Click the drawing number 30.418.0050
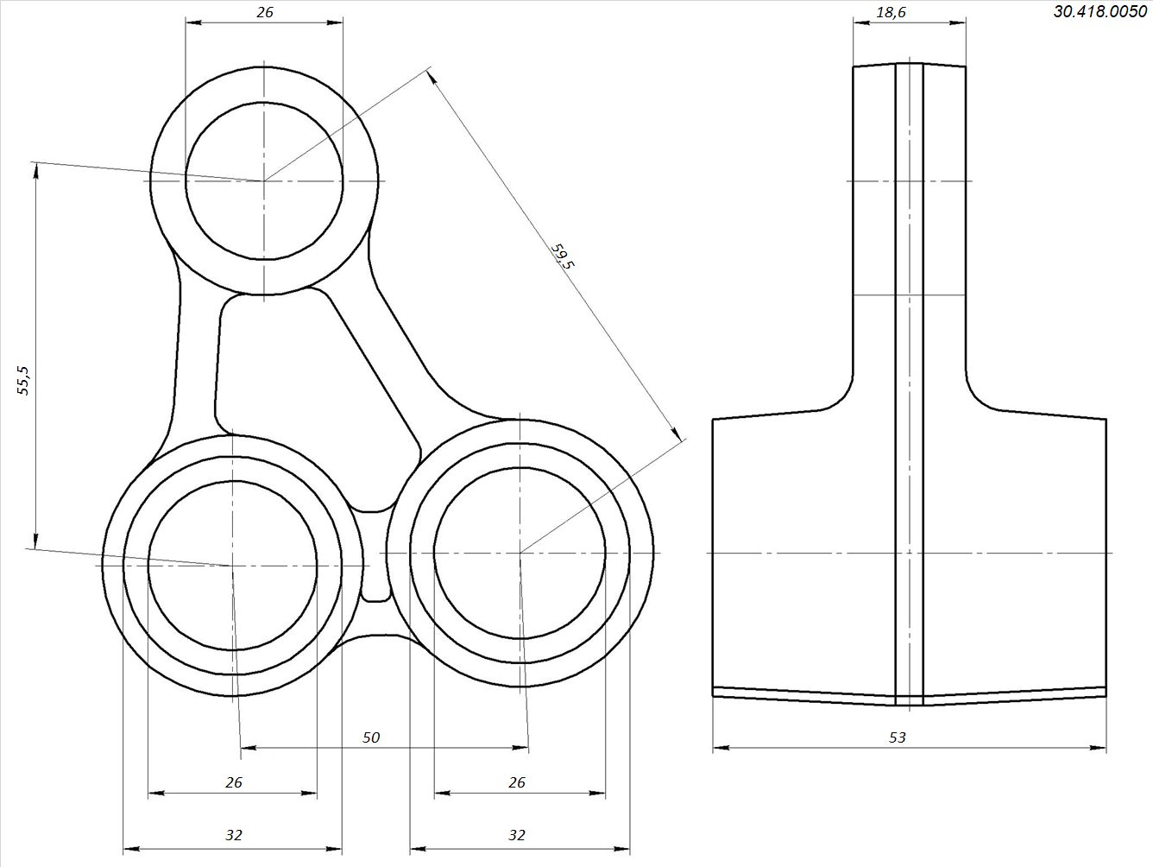pos(1100,11)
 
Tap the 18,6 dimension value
pos(892,12)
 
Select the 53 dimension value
pos(898,737)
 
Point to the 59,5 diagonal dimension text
pos(562,256)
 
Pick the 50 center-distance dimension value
pos(371,737)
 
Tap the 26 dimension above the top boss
pos(265,12)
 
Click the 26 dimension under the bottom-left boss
pos(234,782)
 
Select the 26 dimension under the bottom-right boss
pos(517,782)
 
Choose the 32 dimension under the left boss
pos(234,835)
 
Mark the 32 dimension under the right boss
pos(517,835)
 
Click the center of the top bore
pos(264,180)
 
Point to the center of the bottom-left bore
pos(232,566)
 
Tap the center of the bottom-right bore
pos(520,553)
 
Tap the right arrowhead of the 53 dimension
pos(1098,747)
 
